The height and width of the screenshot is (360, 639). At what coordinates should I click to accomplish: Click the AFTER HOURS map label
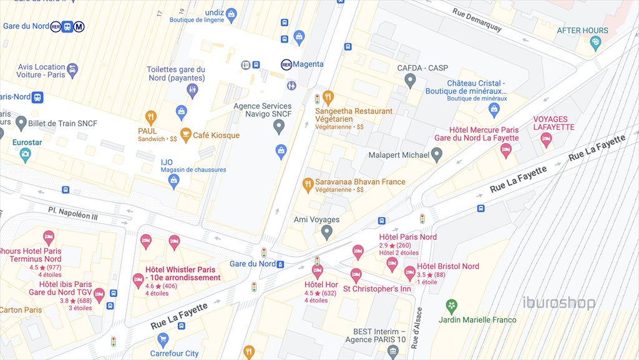coord(582,31)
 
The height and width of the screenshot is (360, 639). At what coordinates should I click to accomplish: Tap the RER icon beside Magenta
coord(286,64)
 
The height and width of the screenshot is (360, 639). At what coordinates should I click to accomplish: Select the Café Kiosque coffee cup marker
coord(185,134)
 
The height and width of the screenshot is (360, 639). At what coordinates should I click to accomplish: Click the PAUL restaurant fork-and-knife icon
coord(150,117)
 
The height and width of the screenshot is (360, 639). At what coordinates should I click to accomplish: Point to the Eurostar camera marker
coord(25,155)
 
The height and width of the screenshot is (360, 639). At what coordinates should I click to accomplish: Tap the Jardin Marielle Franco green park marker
coord(451,306)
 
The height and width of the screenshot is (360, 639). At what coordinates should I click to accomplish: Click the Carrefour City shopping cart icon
coord(163,340)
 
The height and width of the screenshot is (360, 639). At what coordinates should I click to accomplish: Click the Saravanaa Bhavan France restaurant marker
coord(307,184)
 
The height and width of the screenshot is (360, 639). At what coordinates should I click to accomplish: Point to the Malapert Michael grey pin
coord(437,154)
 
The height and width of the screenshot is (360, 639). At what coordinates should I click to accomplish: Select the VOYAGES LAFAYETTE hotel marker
coord(546,140)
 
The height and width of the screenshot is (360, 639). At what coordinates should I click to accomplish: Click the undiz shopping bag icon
coord(231,14)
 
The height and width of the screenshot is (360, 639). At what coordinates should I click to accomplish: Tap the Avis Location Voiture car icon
coord(72,69)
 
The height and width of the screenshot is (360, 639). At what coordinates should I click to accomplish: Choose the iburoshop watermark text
coord(559,303)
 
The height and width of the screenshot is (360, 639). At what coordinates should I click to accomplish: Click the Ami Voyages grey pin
coord(326,233)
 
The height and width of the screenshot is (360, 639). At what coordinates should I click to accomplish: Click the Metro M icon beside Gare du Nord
coord(79,26)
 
